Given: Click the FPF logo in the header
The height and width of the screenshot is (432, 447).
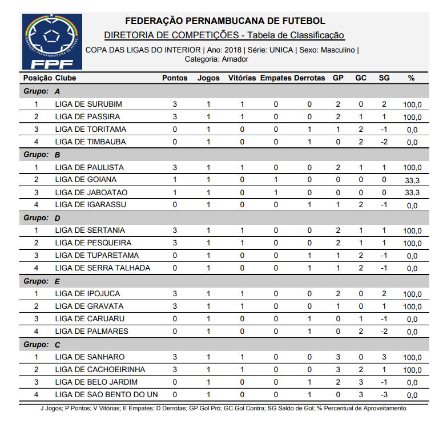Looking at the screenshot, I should [x=52, y=41].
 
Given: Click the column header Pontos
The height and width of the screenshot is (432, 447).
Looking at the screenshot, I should [x=175, y=78].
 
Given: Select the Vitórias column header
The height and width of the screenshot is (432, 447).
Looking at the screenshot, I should [x=242, y=78].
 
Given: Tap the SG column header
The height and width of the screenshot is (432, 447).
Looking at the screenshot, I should [x=384, y=78].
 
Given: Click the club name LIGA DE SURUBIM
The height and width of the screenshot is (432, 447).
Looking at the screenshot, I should [x=88, y=104].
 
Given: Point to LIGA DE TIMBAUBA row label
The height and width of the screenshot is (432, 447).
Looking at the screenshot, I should [x=90, y=142].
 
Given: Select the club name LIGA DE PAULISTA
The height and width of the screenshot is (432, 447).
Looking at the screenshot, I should [x=89, y=168].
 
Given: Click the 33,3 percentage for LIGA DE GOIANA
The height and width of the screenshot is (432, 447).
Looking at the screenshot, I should [x=412, y=180].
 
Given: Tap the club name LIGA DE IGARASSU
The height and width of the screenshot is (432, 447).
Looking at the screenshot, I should [x=90, y=204].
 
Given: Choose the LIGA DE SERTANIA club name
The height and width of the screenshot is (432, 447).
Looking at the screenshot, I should [x=90, y=231].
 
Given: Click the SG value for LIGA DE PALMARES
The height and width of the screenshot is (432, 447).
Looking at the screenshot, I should [x=384, y=332].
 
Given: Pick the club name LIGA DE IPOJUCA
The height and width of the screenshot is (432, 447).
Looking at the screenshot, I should [x=87, y=294].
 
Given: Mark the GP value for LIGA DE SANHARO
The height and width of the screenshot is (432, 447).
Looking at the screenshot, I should [x=338, y=357].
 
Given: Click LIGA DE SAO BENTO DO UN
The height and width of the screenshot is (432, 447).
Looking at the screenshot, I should [x=106, y=394].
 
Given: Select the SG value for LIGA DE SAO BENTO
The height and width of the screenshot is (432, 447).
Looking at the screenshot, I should [x=384, y=394].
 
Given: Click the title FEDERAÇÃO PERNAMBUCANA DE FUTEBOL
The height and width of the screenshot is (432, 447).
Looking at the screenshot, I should [x=225, y=21].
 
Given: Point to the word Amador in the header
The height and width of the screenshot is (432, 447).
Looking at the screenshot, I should [x=235, y=59].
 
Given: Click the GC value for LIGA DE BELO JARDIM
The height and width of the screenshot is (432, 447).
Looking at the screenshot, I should [x=361, y=382].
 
